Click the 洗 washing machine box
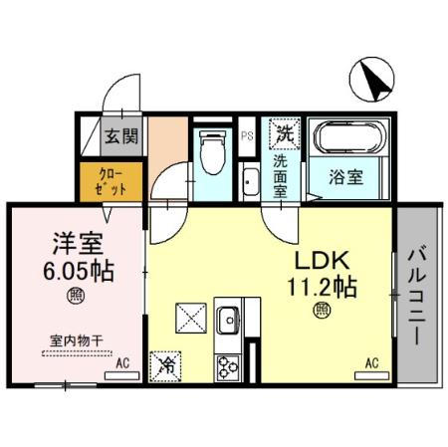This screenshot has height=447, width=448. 284,132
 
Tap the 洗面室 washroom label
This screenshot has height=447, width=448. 284,174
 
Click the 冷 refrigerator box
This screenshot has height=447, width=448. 165,364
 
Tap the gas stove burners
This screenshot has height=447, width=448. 227,364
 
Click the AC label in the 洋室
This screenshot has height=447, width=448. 122,365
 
